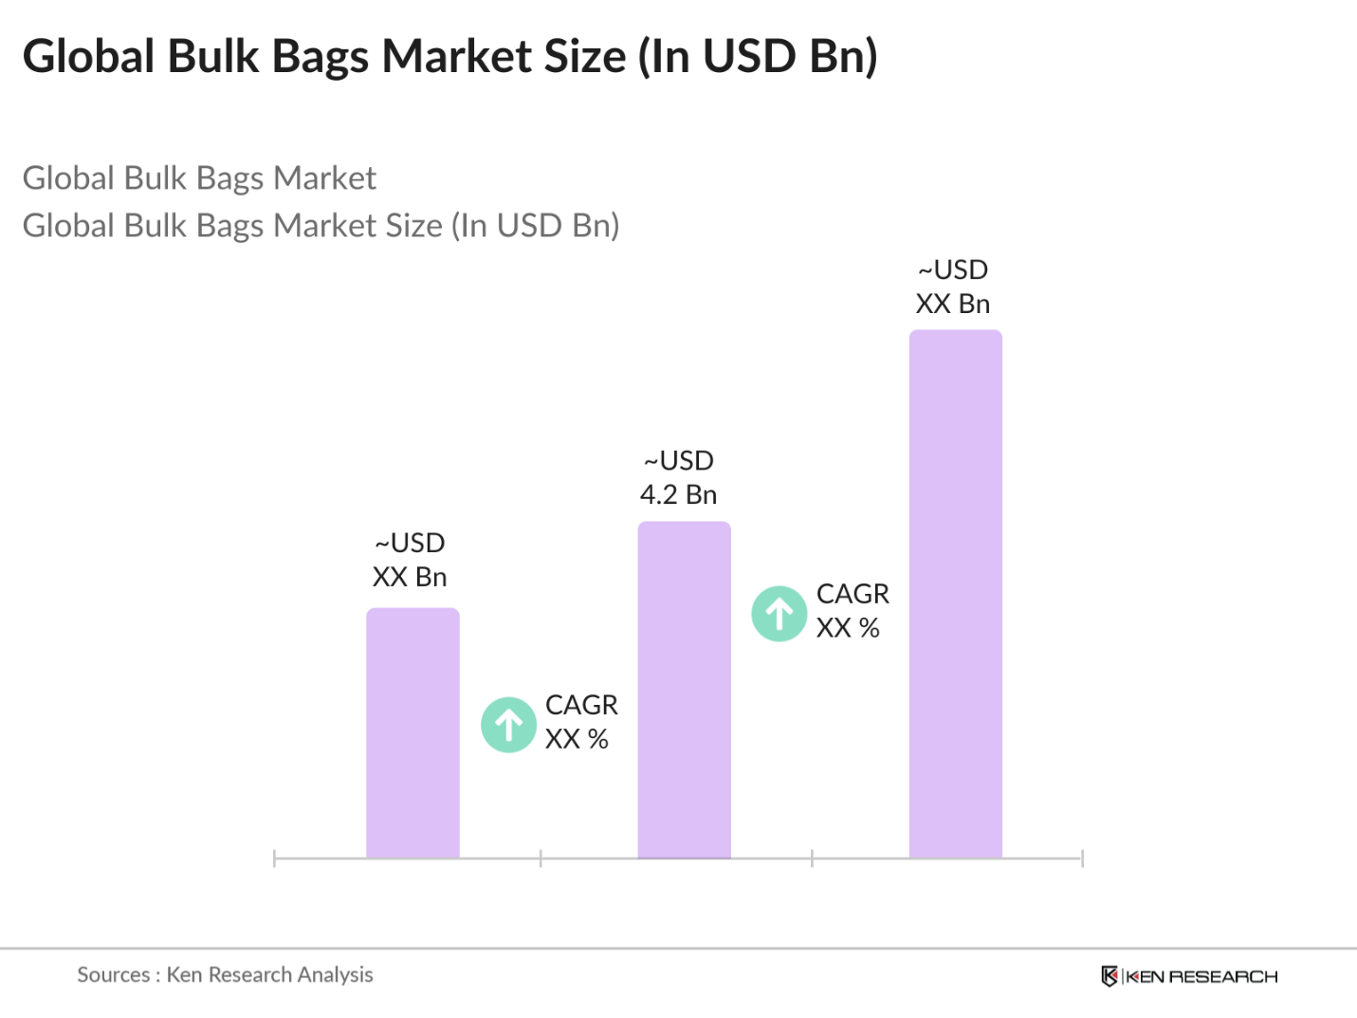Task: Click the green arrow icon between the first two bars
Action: point(509,725)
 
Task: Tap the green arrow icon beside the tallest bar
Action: point(779,614)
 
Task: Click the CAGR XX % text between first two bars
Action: point(580,722)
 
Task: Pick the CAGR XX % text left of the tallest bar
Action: point(852,611)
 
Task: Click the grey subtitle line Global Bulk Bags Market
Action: point(199,178)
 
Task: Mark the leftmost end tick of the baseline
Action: point(274,859)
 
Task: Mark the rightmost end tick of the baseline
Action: point(1082,859)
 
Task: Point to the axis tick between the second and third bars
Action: point(812,859)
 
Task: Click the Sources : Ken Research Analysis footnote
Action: point(225,974)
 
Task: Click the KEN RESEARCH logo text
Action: point(1201,976)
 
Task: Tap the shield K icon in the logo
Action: point(1109,976)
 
